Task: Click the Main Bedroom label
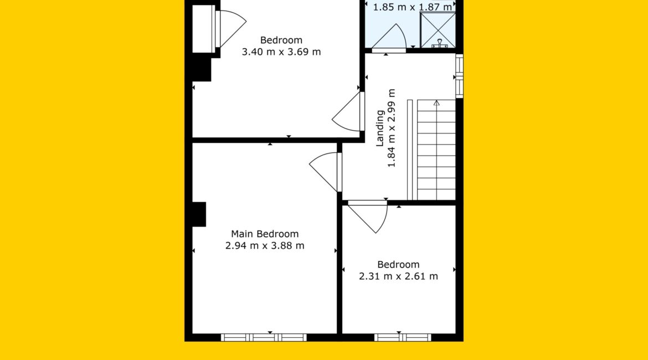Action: tap(265, 234)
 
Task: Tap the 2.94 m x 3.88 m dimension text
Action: tap(265, 245)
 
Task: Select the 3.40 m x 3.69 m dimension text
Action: tap(281, 52)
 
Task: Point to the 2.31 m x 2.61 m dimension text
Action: tap(398, 276)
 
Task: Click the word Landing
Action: tap(380, 128)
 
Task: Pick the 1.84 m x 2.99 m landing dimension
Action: tap(392, 128)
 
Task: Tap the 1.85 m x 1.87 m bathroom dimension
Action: tap(413, 7)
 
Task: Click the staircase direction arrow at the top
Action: tap(436, 104)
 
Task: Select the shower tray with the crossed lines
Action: tap(438, 30)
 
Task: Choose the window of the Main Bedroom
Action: tap(264, 338)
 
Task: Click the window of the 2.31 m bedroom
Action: tap(403, 338)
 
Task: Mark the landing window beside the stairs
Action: tap(459, 76)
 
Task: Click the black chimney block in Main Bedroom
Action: tap(199, 214)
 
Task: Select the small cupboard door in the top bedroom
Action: tap(230, 29)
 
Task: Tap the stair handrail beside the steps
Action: tap(410, 150)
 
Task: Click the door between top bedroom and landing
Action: tap(348, 111)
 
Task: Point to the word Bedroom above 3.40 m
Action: tap(281, 40)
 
